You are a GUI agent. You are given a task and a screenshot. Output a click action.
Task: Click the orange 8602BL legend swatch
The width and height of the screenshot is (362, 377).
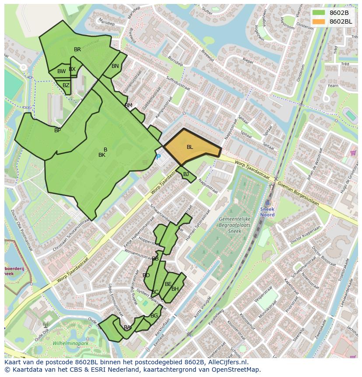(319, 21)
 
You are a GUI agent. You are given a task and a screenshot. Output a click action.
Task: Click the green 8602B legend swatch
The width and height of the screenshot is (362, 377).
(319, 13)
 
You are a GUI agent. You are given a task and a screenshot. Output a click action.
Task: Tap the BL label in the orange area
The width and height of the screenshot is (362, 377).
(190, 147)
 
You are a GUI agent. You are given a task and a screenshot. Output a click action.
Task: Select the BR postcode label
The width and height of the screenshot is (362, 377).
(77, 49)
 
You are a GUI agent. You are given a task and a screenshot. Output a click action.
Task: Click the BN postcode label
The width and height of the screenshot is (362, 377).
(115, 66)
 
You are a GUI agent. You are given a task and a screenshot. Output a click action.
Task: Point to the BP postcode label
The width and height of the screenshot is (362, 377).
(57, 130)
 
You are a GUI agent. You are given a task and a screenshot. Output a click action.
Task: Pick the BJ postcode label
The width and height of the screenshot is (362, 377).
(186, 174)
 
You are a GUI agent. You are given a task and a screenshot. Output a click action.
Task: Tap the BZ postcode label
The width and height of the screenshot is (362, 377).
(66, 85)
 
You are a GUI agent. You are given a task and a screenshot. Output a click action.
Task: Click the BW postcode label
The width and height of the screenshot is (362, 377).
(61, 71)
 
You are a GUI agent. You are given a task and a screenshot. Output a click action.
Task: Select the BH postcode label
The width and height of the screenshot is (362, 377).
(175, 289)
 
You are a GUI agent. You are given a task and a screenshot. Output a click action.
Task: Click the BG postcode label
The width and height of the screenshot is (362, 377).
(154, 316)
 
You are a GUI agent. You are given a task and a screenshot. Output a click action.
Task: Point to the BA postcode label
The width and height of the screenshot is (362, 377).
(127, 328)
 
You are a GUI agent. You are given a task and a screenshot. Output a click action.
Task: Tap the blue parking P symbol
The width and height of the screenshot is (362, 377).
(158, 157)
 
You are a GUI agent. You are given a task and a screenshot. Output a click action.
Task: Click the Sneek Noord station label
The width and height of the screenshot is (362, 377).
(267, 212)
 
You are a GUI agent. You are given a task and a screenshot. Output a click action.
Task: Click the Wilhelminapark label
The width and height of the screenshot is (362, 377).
(70, 343)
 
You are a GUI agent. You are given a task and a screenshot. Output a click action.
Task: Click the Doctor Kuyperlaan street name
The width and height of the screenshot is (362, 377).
(305, 235)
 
